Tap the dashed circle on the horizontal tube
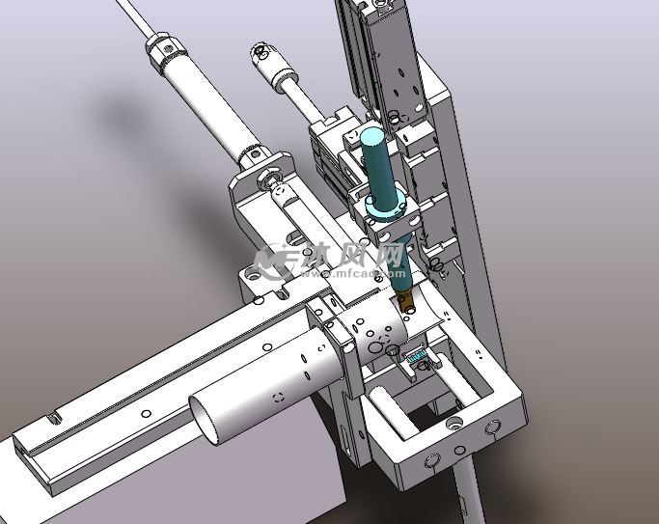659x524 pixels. [x=278, y=397]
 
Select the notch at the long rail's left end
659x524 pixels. [x=52, y=418]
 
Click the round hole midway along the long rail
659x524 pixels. [x=145, y=414]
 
